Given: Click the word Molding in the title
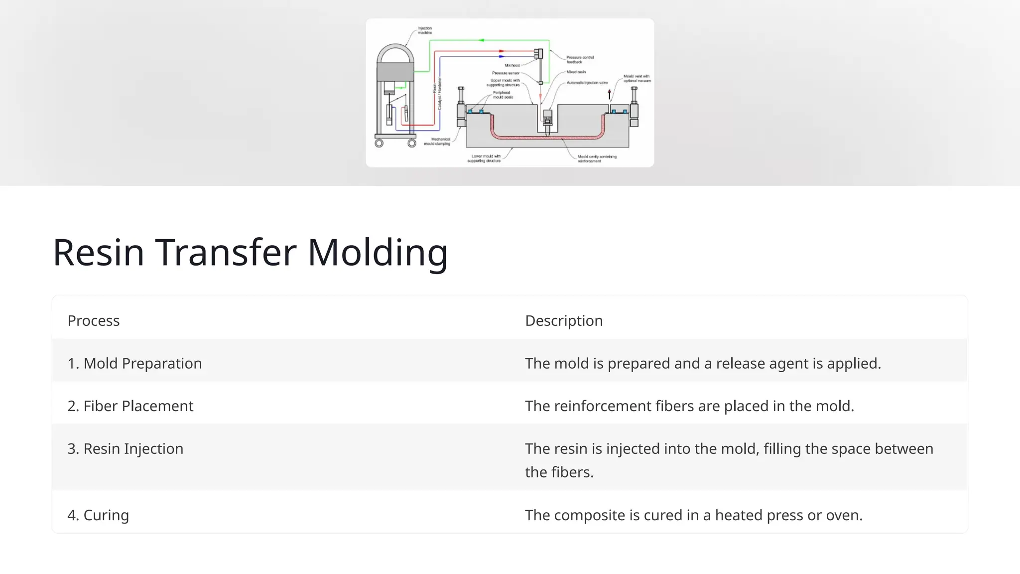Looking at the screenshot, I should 378,253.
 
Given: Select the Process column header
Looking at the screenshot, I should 94,321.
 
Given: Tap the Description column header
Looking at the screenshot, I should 564,321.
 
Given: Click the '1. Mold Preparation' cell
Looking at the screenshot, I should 134,364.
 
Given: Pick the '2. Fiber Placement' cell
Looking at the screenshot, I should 130,406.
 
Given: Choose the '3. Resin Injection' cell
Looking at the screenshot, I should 126,449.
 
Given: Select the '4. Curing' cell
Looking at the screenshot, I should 98,515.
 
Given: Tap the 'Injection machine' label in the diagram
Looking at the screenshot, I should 424,30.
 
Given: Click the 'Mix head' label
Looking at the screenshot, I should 512,65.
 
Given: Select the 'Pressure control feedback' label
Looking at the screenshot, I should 579,59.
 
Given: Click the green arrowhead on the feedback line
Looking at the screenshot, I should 482,40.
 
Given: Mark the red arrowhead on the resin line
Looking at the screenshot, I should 502,51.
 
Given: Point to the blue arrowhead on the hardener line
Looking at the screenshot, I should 502,56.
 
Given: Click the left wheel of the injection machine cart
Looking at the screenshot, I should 379,143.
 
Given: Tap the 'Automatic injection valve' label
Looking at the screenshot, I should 587,83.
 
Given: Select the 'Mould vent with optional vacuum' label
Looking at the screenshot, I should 637,78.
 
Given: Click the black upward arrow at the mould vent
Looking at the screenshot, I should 609,94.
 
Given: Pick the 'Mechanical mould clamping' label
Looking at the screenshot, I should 437,142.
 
